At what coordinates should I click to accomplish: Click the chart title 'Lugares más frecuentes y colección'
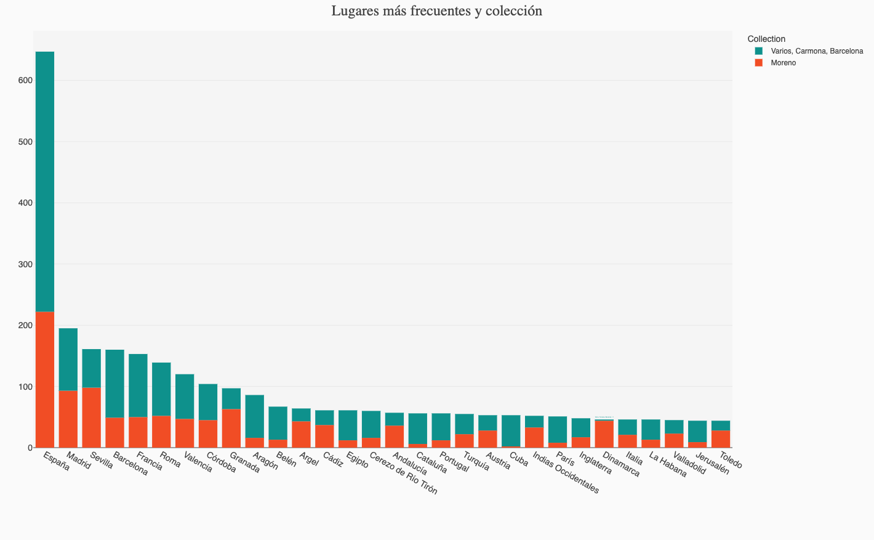tap(436, 11)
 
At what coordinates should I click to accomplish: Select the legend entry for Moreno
tap(783, 63)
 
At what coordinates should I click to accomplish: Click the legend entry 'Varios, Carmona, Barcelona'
tap(816, 51)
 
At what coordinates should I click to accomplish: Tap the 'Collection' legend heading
tap(766, 39)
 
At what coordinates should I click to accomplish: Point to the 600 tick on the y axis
tap(25, 81)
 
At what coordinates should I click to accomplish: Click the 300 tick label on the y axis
tap(25, 264)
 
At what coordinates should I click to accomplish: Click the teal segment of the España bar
tap(45, 182)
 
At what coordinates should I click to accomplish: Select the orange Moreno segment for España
tap(45, 379)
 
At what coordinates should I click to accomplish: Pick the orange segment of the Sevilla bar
tap(92, 417)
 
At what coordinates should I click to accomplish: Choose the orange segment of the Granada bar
tap(231, 428)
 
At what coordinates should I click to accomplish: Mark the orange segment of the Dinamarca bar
tap(604, 433)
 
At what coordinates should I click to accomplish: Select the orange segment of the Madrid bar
tap(68, 419)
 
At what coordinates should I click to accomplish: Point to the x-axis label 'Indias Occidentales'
tap(566, 473)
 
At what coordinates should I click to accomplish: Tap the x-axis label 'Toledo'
tap(731, 461)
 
